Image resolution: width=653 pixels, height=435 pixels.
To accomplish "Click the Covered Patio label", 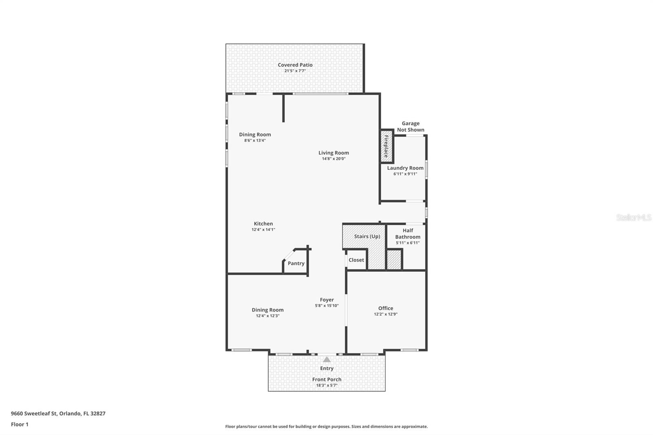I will (x=295, y=65).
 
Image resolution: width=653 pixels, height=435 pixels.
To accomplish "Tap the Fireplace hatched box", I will (x=386, y=146).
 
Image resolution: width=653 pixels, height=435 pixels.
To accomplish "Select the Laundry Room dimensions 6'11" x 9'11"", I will (x=405, y=174).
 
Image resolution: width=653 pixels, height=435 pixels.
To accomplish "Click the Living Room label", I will (x=333, y=153).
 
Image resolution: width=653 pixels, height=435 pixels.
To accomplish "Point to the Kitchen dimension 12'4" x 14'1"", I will (x=263, y=230).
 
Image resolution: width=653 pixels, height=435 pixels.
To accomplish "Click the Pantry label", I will (x=296, y=264).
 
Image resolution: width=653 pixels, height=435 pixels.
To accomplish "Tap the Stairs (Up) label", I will (x=367, y=237).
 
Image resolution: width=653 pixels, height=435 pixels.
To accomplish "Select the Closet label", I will (x=356, y=260).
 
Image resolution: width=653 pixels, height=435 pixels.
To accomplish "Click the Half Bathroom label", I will (x=407, y=234).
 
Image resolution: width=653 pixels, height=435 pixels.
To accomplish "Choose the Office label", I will (x=385, y=308).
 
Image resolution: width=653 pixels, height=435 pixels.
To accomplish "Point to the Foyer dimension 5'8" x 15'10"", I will (x=326, y=306).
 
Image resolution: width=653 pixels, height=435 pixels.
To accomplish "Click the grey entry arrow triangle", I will (x=326, y=360).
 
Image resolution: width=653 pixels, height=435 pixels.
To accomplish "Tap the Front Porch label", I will (x=326, y=380).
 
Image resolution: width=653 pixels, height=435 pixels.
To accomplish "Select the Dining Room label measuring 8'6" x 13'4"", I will (x=255, y=135).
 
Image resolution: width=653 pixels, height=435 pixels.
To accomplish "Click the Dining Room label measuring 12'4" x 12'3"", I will (x=267, y=310).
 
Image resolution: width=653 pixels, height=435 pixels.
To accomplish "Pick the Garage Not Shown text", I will (x=410, y=127).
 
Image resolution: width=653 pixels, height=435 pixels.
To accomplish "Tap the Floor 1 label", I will (x=20, y=424).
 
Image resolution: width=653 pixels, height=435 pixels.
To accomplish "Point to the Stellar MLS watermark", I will (x=633, y=217).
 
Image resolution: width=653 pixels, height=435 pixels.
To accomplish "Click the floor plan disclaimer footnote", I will (x=326, y=426).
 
